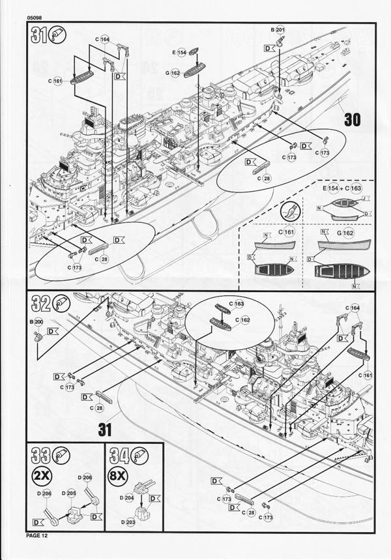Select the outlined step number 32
pos(42,303)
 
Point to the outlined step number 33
pos(40,454)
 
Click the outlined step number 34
pos(121,454)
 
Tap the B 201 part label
pos(277,31)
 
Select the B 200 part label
pos(38,322)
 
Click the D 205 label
pos(71,494)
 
